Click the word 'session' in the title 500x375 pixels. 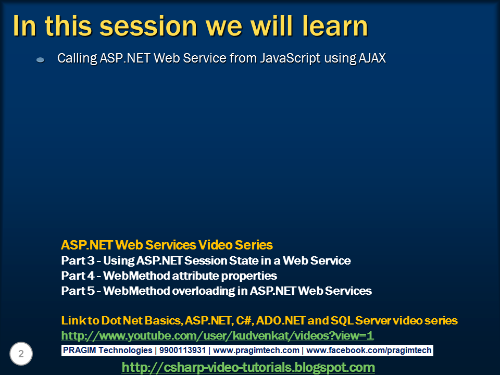[148, 26]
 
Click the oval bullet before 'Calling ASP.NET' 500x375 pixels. [41, 59]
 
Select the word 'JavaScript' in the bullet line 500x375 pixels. [290, 58]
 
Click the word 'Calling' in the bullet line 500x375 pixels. [77, 59]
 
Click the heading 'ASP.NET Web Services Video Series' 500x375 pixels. [167, 245]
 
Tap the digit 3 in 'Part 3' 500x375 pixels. [91, 260]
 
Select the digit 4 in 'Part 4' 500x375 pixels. [91, 276]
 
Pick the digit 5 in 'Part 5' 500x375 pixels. [91, 291]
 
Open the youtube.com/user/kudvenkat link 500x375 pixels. [217, 335]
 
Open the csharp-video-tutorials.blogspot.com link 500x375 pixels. [248, 367]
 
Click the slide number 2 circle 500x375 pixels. [21, 354]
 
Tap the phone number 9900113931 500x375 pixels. [182, 350]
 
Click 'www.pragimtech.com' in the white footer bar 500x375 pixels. [256, 351]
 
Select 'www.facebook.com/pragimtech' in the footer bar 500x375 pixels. [369, 351]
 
